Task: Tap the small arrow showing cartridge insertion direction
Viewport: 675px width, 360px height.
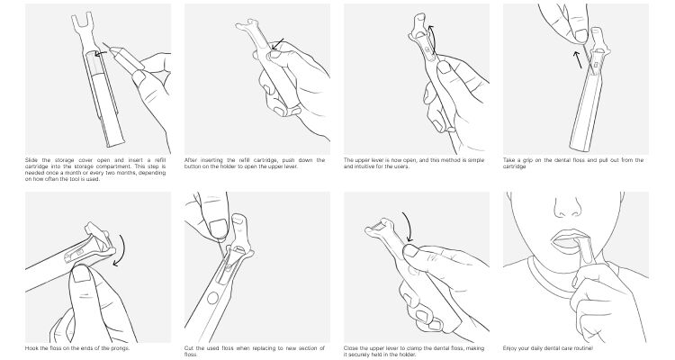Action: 101,54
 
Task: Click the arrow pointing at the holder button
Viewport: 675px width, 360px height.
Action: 278,43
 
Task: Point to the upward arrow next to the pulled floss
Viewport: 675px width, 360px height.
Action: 577,59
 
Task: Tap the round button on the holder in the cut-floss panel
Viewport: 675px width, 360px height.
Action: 212,298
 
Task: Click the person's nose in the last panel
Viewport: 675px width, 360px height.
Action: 567,207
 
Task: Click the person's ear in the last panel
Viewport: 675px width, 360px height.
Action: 622,198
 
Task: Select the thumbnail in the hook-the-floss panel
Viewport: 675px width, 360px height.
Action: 80,274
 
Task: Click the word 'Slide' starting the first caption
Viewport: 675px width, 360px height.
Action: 31,160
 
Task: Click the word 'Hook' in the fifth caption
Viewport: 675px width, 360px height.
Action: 31,348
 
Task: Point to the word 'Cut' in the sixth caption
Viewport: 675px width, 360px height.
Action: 189,348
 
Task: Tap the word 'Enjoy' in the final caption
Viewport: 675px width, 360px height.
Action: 510,348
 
